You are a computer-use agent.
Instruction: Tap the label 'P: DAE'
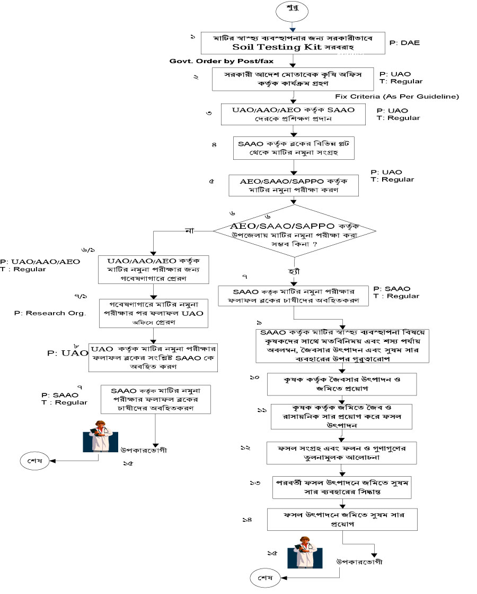click(404, 42)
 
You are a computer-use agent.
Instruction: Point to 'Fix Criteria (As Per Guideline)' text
click(396, 97)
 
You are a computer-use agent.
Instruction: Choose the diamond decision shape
click(295, 230)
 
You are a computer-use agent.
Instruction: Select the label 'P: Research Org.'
click(50, 313)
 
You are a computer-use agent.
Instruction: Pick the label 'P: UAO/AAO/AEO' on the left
click(40, 262)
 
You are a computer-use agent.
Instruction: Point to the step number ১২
click(245, 448)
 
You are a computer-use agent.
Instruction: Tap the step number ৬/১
click(88, 249)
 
